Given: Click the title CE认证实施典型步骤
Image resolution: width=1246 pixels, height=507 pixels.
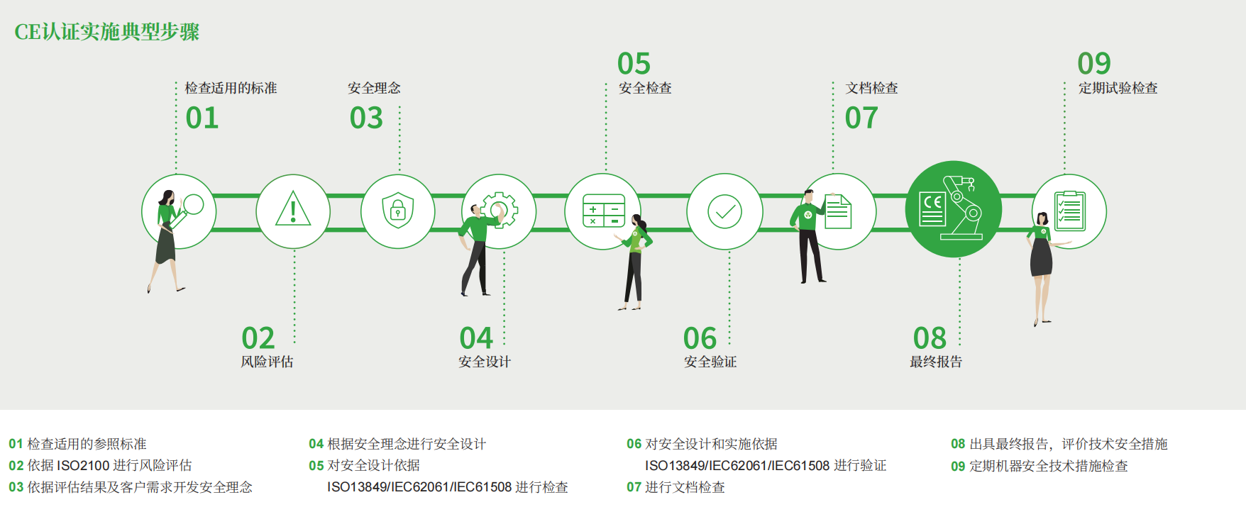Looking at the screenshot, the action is click(107, 32).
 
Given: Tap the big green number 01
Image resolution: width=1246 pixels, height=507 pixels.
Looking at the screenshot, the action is click(202, 118).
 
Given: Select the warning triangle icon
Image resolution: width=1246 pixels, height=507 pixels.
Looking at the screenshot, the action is click(293, 209).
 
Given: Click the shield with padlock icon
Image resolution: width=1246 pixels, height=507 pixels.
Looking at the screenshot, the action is click(398, 211).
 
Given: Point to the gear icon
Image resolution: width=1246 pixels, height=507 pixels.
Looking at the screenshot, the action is click(500, 210).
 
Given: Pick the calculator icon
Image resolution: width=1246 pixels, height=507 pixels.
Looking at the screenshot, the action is click(604, 211).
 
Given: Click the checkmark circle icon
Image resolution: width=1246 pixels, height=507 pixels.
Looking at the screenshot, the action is click(724, 211).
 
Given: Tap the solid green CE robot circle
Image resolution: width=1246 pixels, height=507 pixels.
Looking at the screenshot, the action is click(954, 209).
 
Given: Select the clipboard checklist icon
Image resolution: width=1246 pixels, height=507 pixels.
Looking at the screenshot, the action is click(1070, 211).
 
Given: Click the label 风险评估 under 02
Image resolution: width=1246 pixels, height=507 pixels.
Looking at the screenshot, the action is click(267, 362).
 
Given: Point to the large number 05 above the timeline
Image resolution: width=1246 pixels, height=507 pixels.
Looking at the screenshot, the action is click(634, 64).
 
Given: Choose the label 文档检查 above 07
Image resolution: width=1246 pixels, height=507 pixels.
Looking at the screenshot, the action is click(872, 88).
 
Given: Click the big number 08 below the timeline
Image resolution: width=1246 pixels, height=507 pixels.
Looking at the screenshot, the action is click(930, 338).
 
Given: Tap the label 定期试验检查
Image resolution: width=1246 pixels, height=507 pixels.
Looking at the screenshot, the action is click(1118, 88).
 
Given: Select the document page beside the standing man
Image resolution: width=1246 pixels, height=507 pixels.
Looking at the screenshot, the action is click(838, 211).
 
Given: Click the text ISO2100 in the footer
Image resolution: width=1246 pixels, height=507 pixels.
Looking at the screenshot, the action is click(83, 466).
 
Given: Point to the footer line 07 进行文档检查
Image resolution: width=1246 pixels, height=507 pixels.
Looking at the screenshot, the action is click(676, 487).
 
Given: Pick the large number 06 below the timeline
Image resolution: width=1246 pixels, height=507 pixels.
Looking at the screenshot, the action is click(700, 338).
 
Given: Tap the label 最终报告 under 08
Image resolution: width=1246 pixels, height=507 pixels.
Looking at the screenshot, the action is click(936, 362).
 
